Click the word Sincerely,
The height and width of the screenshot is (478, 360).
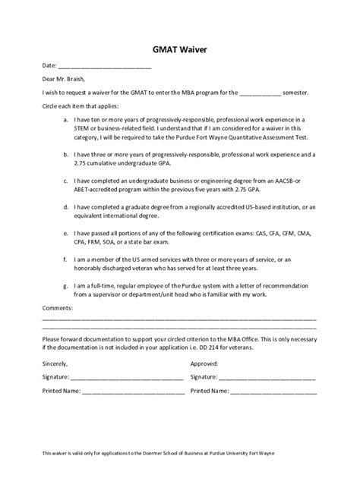tap(58, 363)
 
